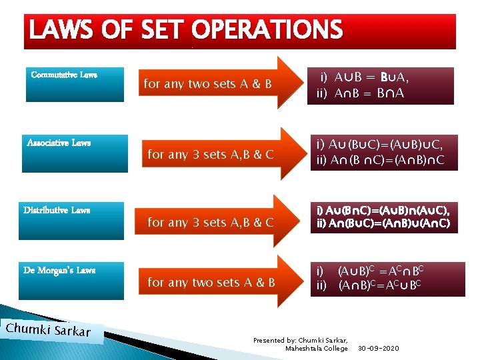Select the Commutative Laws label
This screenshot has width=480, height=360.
64,75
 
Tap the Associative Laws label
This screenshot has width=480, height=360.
59,143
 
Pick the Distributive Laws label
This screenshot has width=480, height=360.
57,210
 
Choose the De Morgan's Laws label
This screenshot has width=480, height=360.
59,270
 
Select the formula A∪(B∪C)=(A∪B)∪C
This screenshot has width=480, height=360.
385,144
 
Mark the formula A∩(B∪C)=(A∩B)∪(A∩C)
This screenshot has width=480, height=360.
383,224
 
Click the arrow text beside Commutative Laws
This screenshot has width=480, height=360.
208,84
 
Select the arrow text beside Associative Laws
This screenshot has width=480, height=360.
210,155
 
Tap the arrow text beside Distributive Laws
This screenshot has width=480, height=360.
210,222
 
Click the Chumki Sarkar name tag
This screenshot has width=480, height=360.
47,331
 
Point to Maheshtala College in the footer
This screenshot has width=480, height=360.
317,349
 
